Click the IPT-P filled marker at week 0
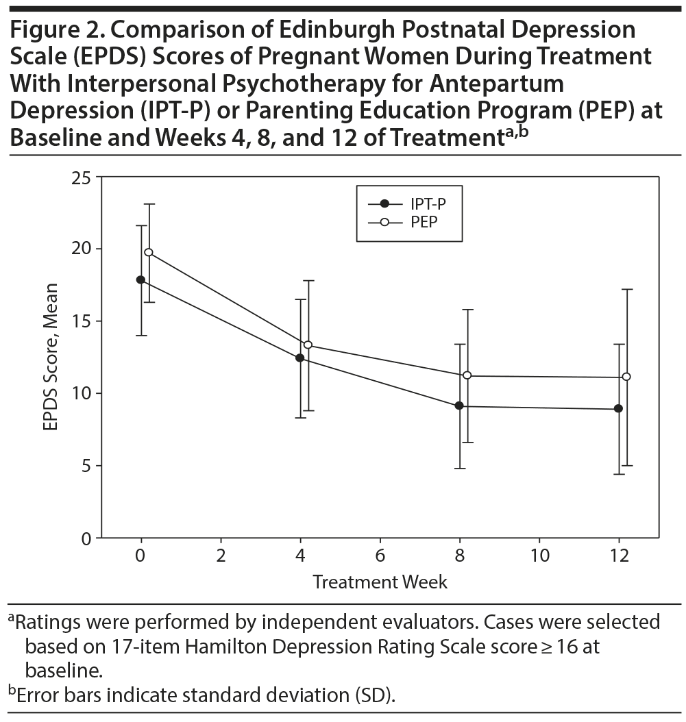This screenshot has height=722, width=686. click(x=140, y=279)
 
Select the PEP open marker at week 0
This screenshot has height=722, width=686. click(x=149, y=252)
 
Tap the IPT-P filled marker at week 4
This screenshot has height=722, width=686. click(x=299, y=358)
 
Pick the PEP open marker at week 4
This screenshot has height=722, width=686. click(x=308, y=345)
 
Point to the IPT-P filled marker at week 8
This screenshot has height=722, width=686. click(x=459, y=406)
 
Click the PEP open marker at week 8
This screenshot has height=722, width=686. click(x=467, y=375)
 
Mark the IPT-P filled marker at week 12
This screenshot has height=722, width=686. click(x=618, y=408)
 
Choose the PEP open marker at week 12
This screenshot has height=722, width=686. click(x=626, y=376)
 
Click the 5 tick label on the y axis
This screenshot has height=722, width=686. click(x=85, y=466)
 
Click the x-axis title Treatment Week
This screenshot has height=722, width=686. click(x=380, y=582)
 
